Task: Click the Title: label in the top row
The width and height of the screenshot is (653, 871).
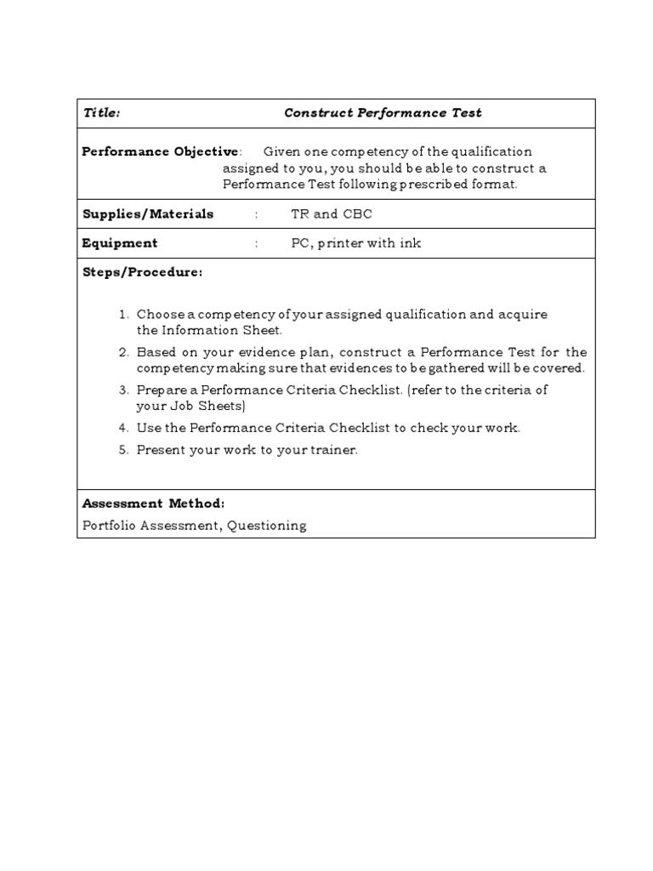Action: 101,112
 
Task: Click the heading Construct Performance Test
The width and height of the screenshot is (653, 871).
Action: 383,112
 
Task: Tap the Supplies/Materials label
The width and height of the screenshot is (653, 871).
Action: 147,213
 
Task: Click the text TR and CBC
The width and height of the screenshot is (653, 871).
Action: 331,214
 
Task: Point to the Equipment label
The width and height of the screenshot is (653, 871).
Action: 120,243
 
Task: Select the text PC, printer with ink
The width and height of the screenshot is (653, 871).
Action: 355,243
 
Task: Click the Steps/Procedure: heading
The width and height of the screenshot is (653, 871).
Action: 142,272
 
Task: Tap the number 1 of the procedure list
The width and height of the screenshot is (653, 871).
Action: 123,315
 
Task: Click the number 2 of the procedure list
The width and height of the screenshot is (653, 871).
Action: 123,352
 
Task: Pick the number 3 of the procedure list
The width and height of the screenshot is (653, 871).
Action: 123,390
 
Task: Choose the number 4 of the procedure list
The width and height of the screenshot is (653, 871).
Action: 123,428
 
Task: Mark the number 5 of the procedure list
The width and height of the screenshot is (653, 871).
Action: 123,450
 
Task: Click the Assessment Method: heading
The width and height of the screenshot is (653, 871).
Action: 153,504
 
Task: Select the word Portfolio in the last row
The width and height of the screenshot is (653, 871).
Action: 106,526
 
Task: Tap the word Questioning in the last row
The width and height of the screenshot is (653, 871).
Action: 266,526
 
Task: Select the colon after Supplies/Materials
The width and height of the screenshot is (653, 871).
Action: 256,214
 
